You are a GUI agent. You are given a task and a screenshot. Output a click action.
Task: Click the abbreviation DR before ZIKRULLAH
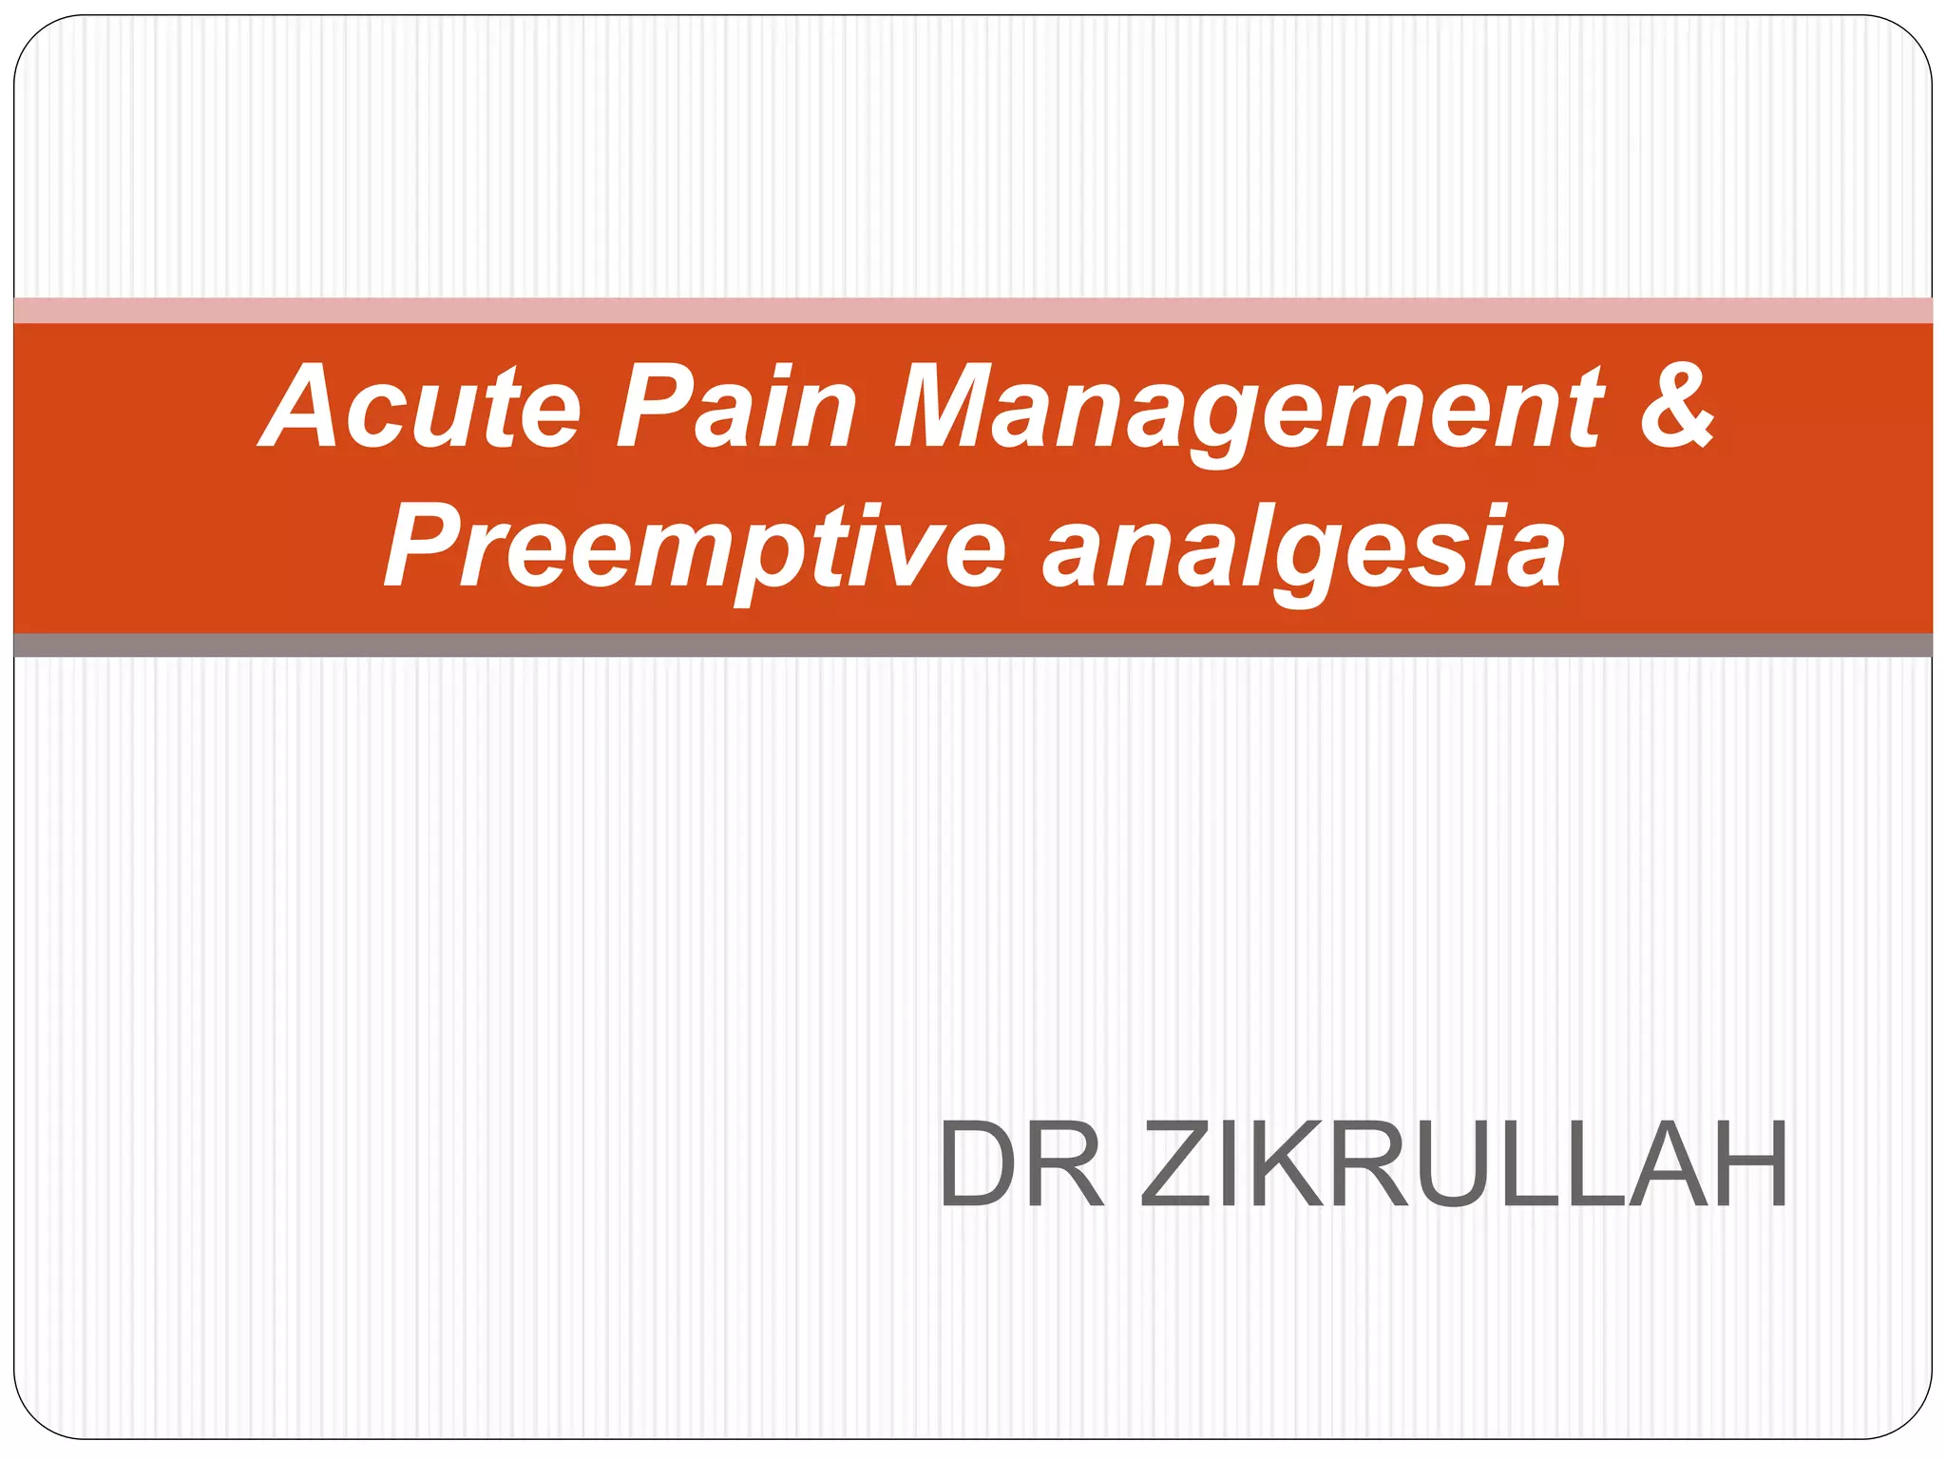pyautogui.click(x=1021, y=1163)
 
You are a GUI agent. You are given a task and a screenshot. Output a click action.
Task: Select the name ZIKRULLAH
pyautogui.click(x=1463, y=1163)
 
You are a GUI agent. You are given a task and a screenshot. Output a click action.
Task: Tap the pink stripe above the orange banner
pyautogui.click(x=973, y=311)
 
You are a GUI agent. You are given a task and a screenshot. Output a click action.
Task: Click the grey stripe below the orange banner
pyautogui.click(x=973, y=645)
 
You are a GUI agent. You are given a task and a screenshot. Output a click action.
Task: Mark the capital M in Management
pyautogui.click(x=950, y=407)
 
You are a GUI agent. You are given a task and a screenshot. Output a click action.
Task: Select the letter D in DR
pyautogui.click(x=976, y=1163)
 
